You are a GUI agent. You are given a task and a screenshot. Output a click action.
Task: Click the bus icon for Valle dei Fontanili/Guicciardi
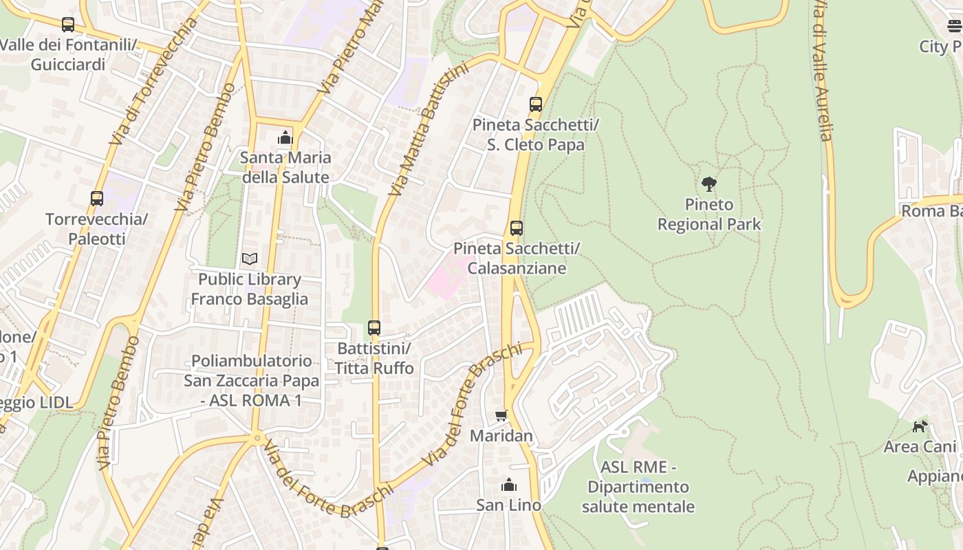point(67,25)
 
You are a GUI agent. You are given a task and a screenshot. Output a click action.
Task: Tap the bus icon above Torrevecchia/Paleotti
point(97,199)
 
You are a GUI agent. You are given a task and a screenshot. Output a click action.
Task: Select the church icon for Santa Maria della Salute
point(285,138)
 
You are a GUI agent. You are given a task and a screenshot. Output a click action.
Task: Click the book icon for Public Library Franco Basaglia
point(250,259)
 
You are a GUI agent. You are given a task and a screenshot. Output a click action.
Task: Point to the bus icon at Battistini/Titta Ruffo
point(374,328)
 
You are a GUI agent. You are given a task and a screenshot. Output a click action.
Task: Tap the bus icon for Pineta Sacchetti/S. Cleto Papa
point(536,104)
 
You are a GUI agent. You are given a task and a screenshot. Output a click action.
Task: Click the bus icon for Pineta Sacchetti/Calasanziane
point(517,228)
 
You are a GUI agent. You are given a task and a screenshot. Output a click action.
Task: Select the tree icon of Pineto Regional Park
point(709,184)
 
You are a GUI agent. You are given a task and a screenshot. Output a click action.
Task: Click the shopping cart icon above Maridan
point(501,415)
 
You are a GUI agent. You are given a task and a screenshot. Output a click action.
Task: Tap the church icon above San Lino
point(509,485)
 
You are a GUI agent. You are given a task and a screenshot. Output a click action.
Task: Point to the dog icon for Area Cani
point(920,426)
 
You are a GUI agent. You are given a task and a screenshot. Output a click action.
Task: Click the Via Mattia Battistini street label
point(427,129)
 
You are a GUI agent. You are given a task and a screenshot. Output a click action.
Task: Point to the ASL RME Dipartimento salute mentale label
point(638,487)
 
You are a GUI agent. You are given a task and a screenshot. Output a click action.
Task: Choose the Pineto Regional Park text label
point(709,214)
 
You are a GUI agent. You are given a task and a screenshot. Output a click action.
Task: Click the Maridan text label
point(501,436)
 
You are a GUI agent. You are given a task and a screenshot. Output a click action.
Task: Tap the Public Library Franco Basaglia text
point(249,289)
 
